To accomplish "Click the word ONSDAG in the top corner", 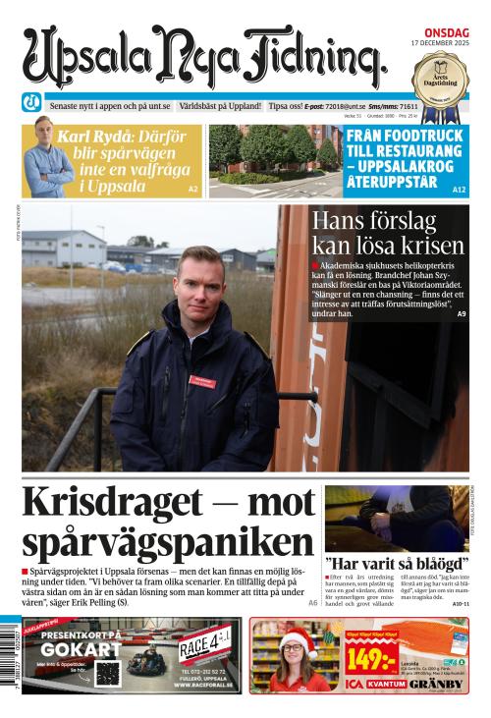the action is (449, 29).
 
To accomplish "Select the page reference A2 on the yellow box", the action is (192, 189).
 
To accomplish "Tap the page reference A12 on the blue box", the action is (459, 189).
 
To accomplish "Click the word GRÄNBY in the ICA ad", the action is (440, 683).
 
